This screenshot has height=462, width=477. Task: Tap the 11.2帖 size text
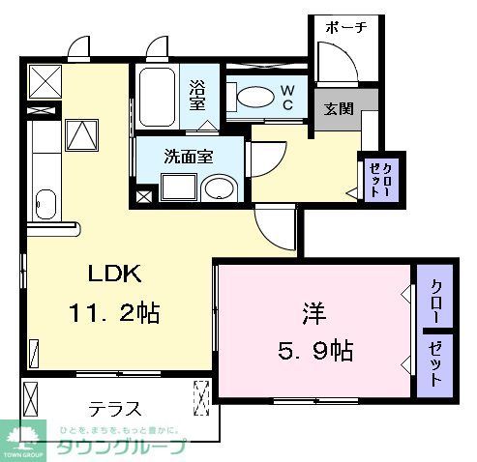click(x=113, y=313)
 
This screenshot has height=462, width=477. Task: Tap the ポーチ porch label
click(x=345, y=27)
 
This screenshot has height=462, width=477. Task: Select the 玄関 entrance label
click(x=337, y=107)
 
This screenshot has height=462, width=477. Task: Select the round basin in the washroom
click(x=221, y=187)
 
